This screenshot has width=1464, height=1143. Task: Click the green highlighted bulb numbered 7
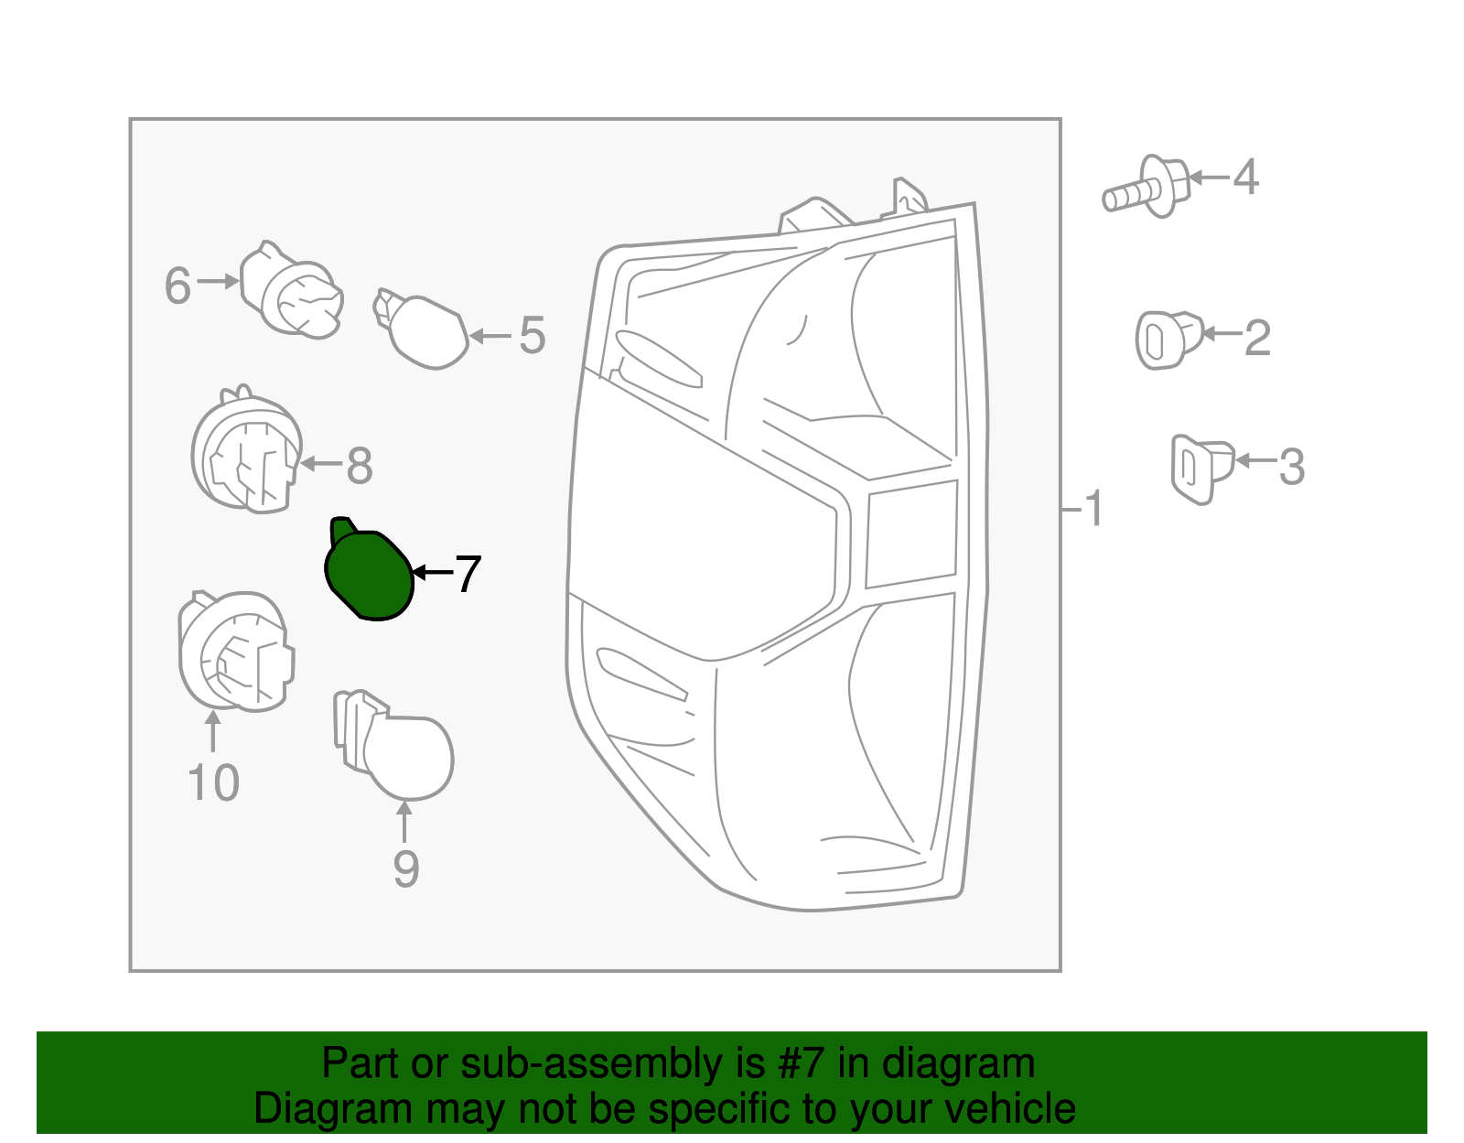point(370,575)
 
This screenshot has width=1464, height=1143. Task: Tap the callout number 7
point(468,575)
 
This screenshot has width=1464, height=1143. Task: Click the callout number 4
point(1245,177)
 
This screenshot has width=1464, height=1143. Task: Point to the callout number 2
point(1258,338)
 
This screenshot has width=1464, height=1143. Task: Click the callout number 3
point(1291,467)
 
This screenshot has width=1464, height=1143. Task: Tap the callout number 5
point(532,336)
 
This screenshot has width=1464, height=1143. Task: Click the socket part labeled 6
point(293,292)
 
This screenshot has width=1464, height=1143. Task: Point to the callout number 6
point(178,286)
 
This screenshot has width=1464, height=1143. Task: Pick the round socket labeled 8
point(246,454)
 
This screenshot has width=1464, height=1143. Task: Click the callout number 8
point(359,466)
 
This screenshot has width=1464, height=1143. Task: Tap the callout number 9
point(405,868)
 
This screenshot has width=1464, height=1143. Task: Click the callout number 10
point(213,783)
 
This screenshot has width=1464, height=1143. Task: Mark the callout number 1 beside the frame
point(1093,508)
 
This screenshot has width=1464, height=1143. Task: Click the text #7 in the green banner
point(802,1064)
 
